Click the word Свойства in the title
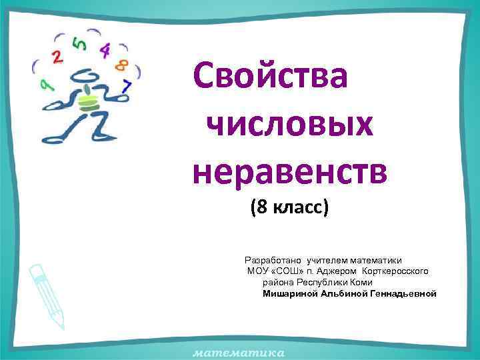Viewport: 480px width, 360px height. pos(269,77)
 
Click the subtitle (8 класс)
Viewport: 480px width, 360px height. pos(289,208)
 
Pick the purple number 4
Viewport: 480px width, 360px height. pos(105,50)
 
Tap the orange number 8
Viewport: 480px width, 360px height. pos(122,65)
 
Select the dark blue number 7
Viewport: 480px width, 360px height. pos(127,85)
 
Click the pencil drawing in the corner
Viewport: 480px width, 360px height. pos(47,294)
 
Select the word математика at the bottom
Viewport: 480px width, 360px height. pos(239,351)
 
